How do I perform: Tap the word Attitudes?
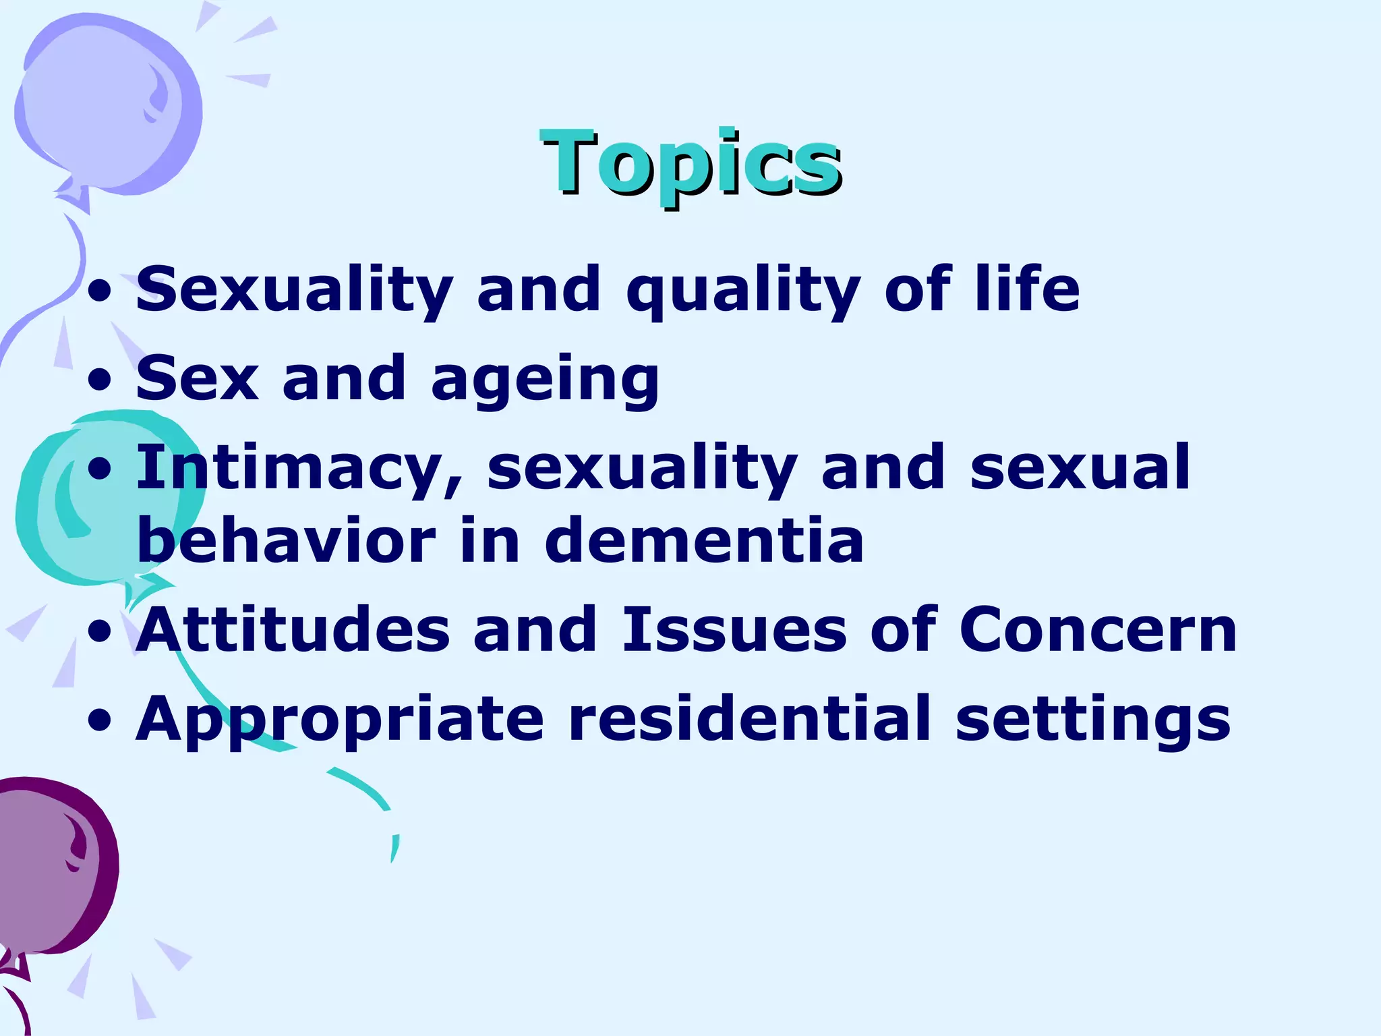(x=293, y=630)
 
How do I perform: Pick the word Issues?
(x=734, y=630)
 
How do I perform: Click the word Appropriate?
(x=339, y=720)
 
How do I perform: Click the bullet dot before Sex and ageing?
(x=100, y=380)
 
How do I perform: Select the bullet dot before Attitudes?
(x=100, y=631)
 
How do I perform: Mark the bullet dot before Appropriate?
(x=100, y=720)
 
